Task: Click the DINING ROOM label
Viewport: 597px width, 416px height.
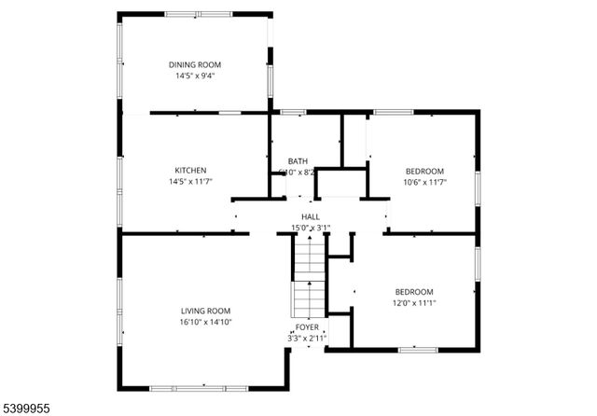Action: [195, 64]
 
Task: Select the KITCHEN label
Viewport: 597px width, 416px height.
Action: [190, 170]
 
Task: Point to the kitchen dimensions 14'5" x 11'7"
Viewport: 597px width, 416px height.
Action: [190, 181]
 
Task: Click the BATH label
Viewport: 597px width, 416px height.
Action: [298, 160]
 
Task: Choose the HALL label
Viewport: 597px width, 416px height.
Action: [311, 216]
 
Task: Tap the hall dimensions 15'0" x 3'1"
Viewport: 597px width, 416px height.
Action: [311, 227]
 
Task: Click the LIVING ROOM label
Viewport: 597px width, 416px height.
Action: [205, 311]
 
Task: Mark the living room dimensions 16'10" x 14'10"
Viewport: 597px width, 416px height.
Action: [205, 322]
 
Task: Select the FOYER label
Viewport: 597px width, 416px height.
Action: [307, 327]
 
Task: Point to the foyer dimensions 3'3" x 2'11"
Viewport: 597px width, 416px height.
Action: [307, 338]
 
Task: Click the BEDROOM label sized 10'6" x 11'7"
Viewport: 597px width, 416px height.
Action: [424, 171]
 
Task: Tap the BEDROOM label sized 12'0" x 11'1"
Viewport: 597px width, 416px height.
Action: [413, 291]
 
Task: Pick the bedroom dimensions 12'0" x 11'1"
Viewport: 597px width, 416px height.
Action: [413, 302]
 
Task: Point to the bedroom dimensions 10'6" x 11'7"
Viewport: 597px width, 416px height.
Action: [424, 182]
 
